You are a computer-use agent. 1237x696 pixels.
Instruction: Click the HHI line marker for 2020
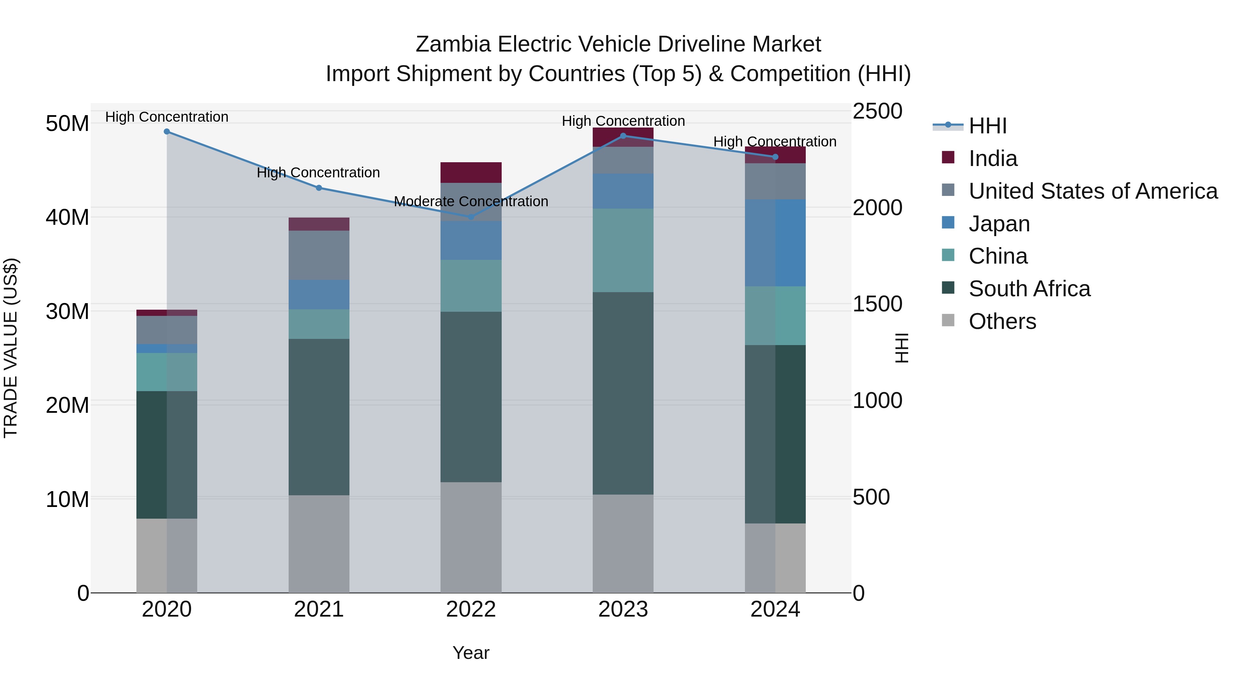pos(167,132)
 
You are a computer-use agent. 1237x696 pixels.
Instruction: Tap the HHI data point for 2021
pos(319,188)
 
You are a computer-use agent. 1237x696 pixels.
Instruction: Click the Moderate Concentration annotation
pos(471,202)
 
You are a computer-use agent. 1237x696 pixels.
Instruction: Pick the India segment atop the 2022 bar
pos(471,173)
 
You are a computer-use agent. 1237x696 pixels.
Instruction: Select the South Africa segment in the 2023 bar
pos(623,393)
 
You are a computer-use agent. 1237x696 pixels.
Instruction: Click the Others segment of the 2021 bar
pos(319,543)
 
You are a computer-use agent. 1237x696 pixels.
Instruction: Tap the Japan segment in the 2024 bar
pos(775,243)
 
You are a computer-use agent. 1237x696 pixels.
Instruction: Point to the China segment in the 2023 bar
pos(623,250)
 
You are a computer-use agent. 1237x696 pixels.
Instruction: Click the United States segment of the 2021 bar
pos(319,255)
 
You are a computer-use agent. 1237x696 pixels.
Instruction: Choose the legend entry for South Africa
pos(1029,289)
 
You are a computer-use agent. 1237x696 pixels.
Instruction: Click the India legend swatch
pos(948,157)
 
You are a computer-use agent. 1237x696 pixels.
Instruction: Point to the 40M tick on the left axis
pos(67,218)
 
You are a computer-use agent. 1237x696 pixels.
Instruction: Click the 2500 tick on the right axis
pos(877,111)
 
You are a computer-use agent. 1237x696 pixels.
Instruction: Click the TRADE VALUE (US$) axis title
pos(11,348)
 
